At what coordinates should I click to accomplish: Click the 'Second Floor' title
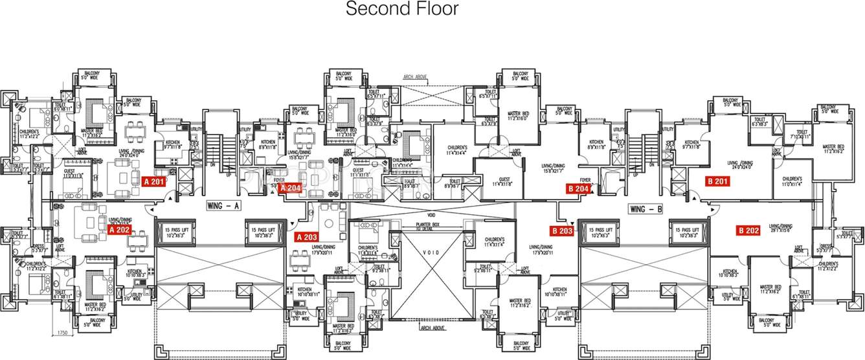(x=401, y=9)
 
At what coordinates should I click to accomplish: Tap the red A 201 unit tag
(x=155, y=182)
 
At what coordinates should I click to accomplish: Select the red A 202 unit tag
(x=120, y=229)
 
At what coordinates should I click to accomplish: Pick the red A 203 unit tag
(x=307, y=236)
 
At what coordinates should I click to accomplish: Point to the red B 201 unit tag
(x=717, y=182)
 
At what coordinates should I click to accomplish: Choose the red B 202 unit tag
(x=748, y=230)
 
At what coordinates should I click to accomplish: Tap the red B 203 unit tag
(x=562, y=231)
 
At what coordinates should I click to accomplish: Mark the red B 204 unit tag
(x=578, y=188)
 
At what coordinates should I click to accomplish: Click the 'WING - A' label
(x=223, y=207)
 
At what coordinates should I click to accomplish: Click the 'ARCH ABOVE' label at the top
(x=415, y=76)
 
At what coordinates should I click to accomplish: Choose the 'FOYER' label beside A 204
(x=279, y=181)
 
